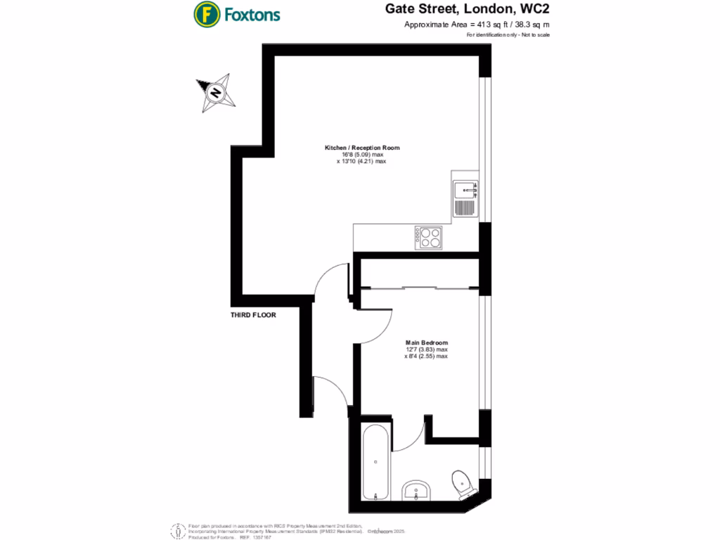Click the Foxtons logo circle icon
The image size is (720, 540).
pyautogui.click(x=206, y=13)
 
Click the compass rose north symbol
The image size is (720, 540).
pyautogui.click(x=215, y=92)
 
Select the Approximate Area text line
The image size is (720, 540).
pyautogui.click(x=477, y=25)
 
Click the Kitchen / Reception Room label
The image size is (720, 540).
pyautogui.click(x=361, y=148)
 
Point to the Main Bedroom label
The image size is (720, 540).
pyautogui.click(x=426, y=342)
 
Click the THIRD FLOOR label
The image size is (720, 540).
pyautogui.click(x=253, y=316)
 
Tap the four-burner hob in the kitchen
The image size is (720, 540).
pyautogui.click(x=428, y=237)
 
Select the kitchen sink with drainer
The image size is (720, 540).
pyautogui.click(x=465, y=198)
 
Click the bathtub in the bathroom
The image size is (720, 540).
pyautogui.click(x=374, y=461)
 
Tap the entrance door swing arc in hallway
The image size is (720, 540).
pyautogui.click(x=330, y=390)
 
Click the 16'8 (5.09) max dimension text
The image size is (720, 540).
pyautogui.click(x=361, y=155)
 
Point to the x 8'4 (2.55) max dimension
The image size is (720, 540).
pyautogui.click(x=426, y=356)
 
